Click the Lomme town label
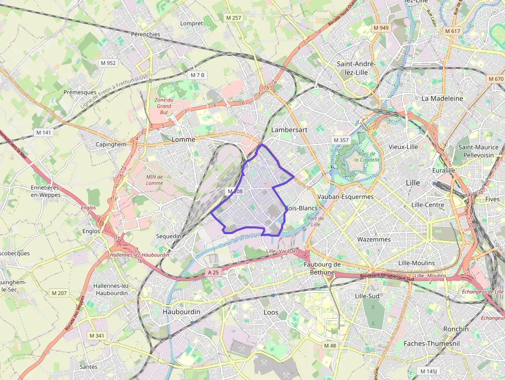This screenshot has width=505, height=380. (x=183, y=140)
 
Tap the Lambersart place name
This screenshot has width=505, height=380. (x=289, y=130)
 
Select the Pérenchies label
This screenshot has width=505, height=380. (x=145, y=34)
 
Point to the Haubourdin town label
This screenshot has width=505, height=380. (x=181, y=312)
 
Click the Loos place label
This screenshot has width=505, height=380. (x=271, y=312)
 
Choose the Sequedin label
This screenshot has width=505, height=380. (x=169, y=236)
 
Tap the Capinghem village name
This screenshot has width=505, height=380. (x=111, y=144)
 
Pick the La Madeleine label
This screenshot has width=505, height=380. (x=442, y=98)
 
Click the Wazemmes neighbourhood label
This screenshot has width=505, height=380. (x=374, y=239)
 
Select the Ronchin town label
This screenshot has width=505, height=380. (x=456, y=329)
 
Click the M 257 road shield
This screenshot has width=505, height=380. (x=233, y=18)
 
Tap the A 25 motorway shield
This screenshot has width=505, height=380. (x=214, y=272)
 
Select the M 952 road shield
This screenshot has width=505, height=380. (x=108, y=63)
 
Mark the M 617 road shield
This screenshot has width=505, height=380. (x=452, y=31)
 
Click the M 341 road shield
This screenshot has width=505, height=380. (x=96, y=336)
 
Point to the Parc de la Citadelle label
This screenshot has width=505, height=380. (x=369, y=156)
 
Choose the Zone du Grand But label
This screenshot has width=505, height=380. (x=164, y=105)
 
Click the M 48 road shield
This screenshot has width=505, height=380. (x=330, y=345)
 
